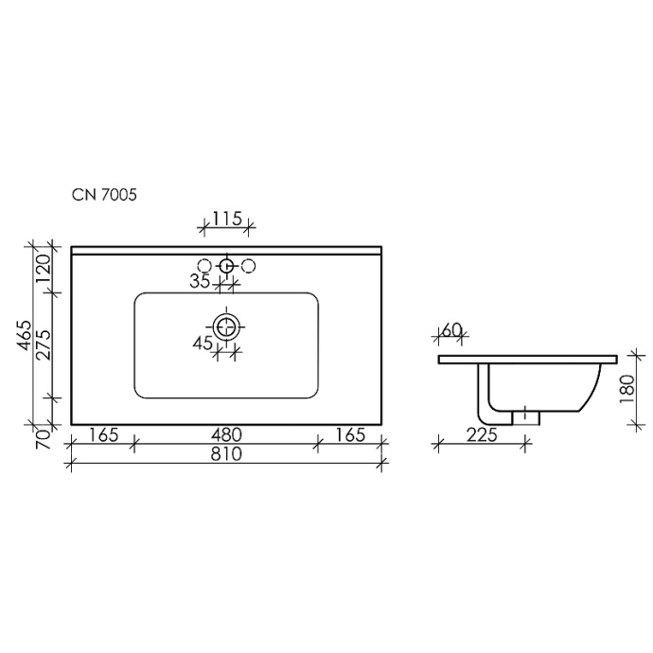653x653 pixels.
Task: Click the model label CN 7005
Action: (x=106, y=196)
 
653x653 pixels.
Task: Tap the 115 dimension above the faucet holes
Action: (x=225, y=219)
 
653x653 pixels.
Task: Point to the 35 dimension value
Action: (x=199, y=281)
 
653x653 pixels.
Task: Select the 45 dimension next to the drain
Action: (x=203, y=344)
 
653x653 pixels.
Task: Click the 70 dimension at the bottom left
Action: (x=41, y=436)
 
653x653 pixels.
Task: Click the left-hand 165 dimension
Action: (x=103, y=434)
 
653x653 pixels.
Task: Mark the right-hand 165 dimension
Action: (x=350, y=434)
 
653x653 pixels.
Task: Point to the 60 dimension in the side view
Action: (x=451, y=330)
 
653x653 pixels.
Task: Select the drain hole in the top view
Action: (x=225, y=327)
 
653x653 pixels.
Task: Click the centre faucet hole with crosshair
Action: (x=226, y=266)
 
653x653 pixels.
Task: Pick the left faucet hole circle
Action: (x=204, y=266)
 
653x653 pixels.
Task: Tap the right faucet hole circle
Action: (x=248, y=266)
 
